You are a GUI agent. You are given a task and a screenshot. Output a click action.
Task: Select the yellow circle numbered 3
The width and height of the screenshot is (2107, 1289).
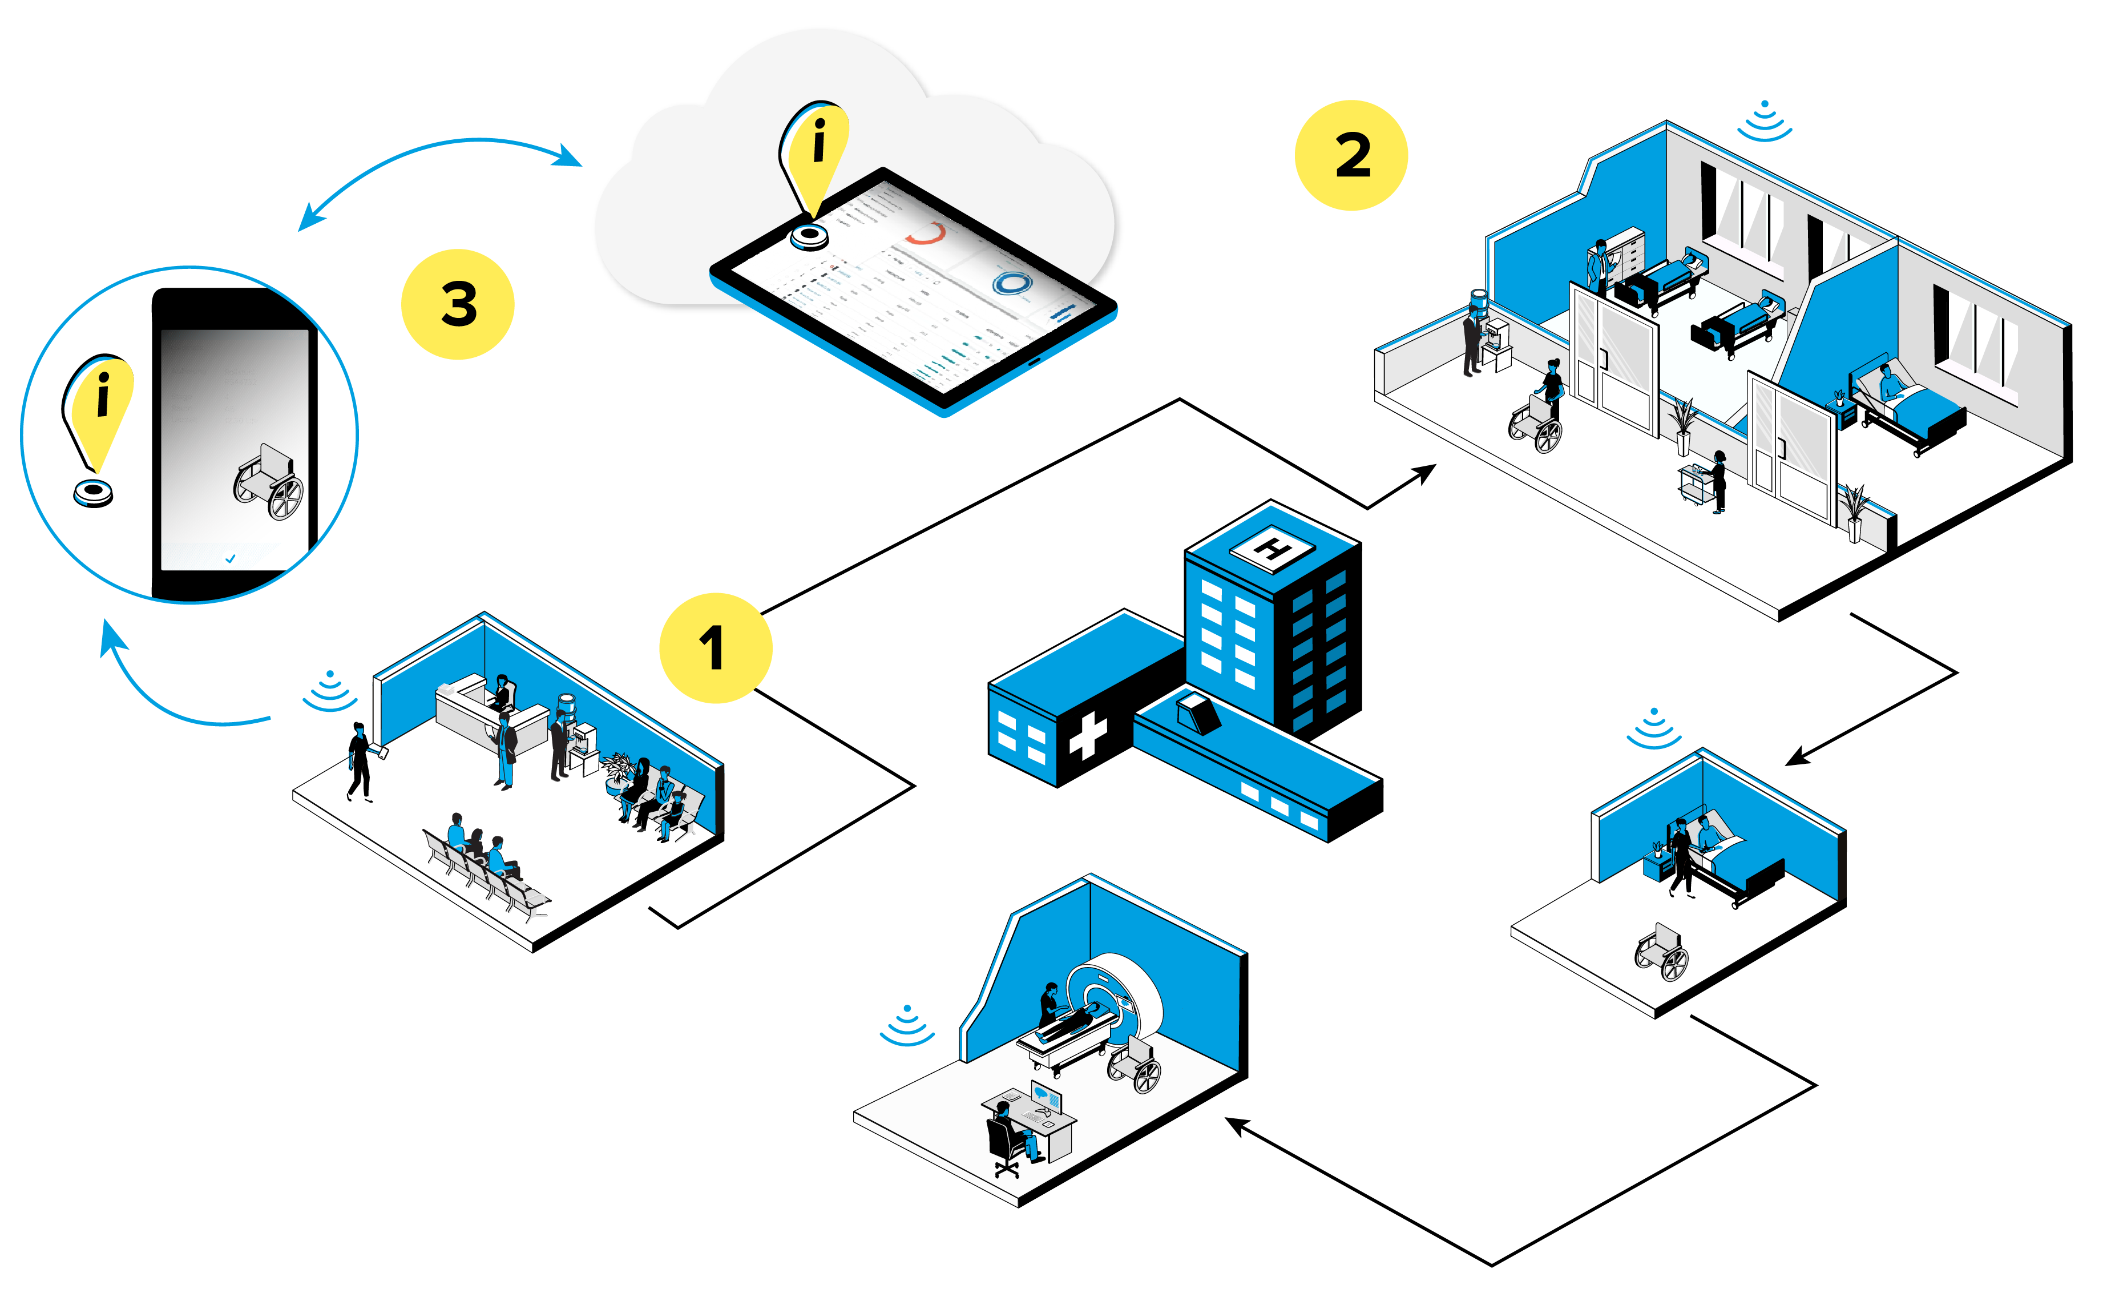click(x=458, y=304)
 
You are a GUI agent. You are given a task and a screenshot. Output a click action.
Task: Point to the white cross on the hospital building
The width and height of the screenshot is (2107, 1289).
click(x=1088, y=736)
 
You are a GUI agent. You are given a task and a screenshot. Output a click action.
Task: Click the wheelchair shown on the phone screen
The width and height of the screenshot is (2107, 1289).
click(x=268, y=484)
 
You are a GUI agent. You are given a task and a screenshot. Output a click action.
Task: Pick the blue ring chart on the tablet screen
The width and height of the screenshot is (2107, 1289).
click(x=1012, y=283)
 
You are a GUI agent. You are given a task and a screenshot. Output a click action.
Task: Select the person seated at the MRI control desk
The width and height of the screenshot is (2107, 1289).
click(x=1008, y=1129)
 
